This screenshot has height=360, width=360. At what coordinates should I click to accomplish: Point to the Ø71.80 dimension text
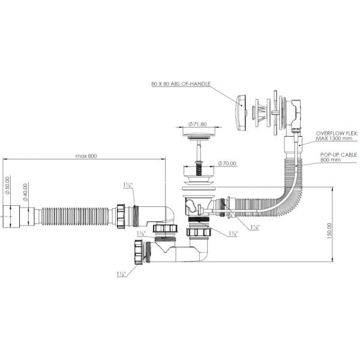(x=198, y=124)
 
